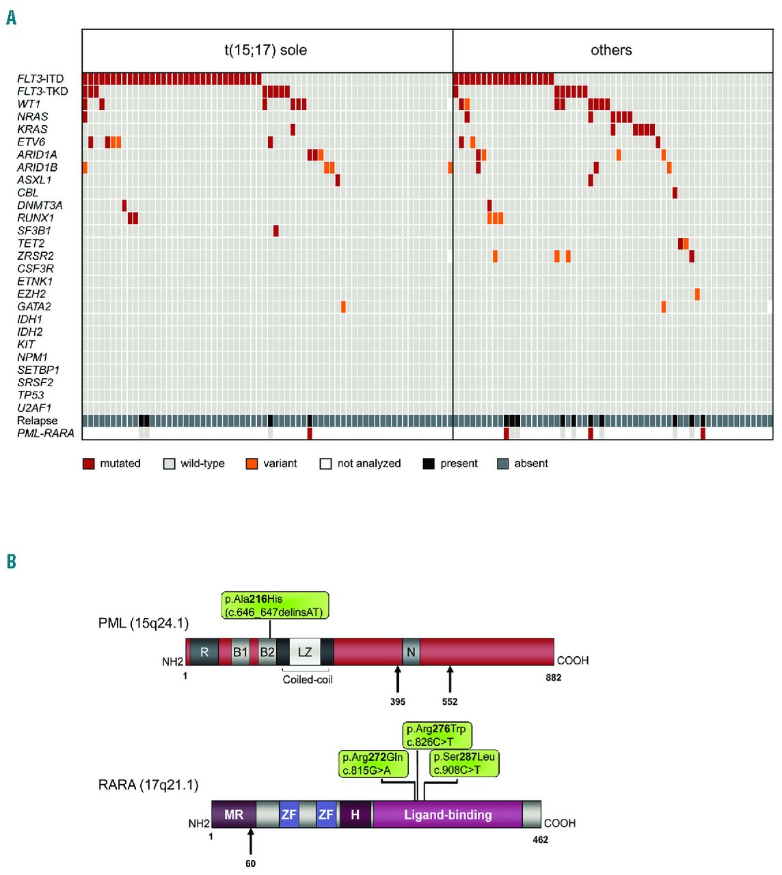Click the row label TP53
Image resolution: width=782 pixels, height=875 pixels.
tap(31, 395)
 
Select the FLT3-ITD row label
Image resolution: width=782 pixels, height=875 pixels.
tap(40, 79)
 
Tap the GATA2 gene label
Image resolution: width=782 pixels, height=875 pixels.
tap(34, 306)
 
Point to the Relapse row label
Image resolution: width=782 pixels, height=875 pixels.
tap(37, 420)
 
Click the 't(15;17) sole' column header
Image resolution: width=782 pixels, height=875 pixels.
tap(266, 50)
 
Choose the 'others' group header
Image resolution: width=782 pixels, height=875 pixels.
tap(611, 50)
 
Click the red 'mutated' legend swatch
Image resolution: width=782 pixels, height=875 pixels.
tap(88, 463)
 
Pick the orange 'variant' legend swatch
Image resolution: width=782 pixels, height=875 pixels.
tap(252, 463)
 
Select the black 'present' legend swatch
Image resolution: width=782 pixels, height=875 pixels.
tap(429, 463)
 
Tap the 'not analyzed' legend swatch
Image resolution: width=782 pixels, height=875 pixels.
tap(325, 463)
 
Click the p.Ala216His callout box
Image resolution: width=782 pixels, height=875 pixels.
tap(275, 606)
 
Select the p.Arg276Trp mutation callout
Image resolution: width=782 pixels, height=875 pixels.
tap(436, 736)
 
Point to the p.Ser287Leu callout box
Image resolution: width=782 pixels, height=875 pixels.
tap(465, 764)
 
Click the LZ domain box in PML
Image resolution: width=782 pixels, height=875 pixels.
tap(305, 651)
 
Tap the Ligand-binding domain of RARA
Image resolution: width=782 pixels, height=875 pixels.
tap(448, 815)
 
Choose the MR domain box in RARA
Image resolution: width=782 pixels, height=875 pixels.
tap(234, 815)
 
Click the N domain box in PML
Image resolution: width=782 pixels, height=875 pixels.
tap(411, 651)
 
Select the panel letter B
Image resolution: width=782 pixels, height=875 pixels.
tap(11, 561)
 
